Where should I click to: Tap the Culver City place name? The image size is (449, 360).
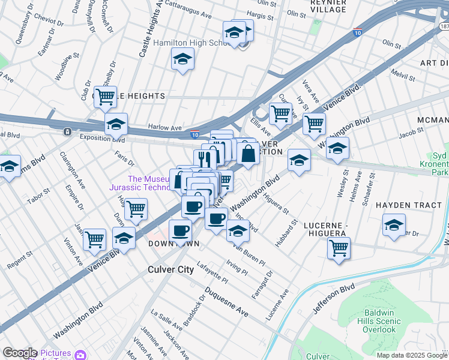pos(171,270)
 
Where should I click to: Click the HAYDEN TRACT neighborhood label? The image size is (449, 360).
pos(409,205)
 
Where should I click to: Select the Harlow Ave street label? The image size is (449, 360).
pos(164,128)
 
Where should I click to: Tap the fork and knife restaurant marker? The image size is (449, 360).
pos(205,159)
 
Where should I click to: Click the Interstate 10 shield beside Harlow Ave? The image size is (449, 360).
pos(195,135)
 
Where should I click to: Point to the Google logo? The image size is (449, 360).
pos(20,353)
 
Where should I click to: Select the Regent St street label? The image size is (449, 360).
pos(19,260)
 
